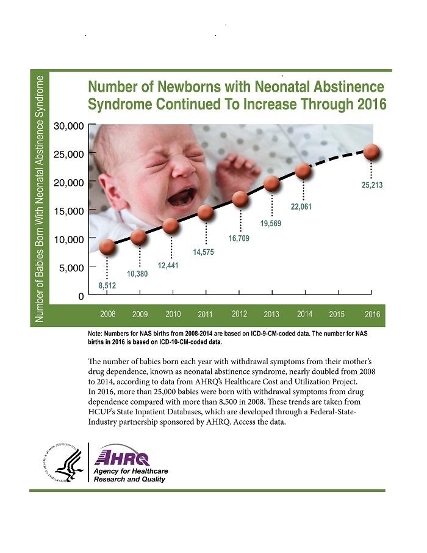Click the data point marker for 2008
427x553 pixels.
107,247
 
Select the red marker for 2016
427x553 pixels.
372,152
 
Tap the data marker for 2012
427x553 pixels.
240,199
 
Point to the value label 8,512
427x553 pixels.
107,285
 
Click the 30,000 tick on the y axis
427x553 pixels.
68,126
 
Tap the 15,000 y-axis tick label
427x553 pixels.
68,211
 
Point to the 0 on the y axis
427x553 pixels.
80,296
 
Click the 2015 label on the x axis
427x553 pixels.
337,314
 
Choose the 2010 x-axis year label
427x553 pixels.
173,314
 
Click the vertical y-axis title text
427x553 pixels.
40,199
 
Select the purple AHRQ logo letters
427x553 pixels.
129,458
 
